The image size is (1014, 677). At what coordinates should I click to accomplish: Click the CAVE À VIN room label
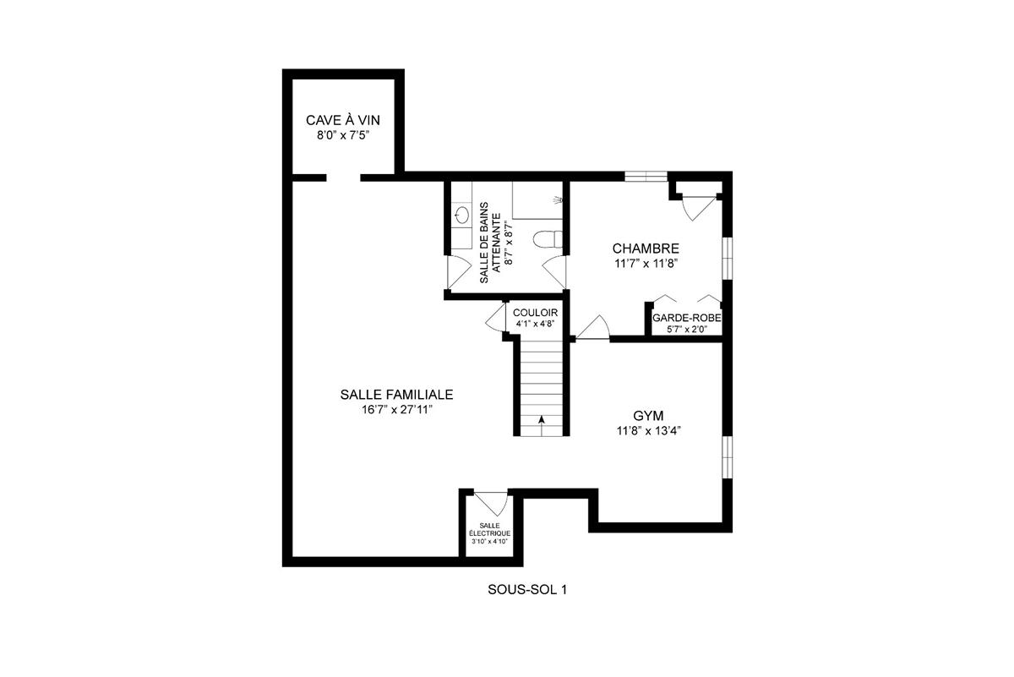point(344,120)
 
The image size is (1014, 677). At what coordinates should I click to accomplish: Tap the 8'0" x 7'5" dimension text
point(344,134)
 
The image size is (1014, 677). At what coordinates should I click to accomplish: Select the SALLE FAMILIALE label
point(396,395)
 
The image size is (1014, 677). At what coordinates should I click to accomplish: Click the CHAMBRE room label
point(646,248)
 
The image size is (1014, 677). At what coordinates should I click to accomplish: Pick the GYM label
point(648,416)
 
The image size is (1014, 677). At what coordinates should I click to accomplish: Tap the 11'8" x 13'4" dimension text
point(648,431)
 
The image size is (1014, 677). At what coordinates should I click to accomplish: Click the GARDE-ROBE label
point(686,319)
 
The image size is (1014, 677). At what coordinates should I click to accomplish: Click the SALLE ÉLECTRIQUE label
point(490,529)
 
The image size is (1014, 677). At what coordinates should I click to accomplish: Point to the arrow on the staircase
point(541,418)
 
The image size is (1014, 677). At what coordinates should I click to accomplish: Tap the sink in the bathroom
point(461,216)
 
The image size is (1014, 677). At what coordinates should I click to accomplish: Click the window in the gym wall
point(726,457)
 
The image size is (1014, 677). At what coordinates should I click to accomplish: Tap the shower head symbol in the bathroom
point(557,200)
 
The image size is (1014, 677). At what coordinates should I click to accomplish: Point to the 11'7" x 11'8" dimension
point(646,263)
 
